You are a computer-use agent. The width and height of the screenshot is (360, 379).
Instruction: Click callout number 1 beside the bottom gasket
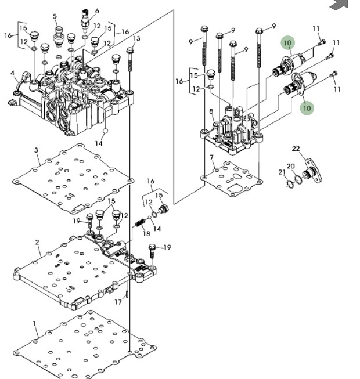(34, 323)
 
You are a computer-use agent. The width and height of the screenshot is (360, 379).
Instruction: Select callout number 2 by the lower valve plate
(37, 242)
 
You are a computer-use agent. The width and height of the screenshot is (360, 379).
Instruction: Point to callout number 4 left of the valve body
(12, 73)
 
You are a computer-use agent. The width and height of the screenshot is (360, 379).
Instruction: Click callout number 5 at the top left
(55, 16)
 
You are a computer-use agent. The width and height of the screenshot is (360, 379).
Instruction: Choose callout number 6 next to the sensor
(97, 11)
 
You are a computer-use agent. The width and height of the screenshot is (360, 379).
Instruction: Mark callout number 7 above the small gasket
(212, 157)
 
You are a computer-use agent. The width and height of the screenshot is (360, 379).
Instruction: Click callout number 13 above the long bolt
(137, 39)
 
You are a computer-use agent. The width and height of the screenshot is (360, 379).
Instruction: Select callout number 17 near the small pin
(117, 301)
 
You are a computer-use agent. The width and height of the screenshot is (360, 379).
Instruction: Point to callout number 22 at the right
(296, 149)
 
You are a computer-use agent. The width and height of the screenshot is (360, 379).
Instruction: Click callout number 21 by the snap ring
(282, 172)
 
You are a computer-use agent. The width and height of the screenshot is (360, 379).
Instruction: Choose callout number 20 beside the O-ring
(291, 167)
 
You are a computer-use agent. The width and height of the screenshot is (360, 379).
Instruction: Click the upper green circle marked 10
(288, 43)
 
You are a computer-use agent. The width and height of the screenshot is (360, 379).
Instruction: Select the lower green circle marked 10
(306, 107)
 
